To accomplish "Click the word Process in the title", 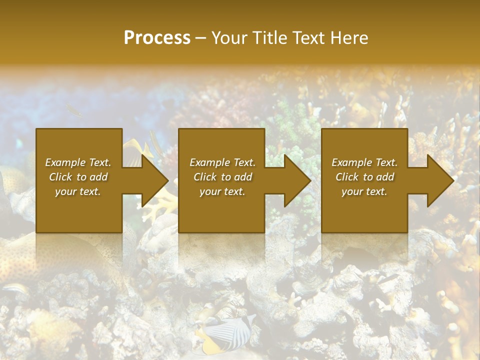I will click(x=157, y=38).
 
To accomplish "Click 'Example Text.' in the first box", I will click(x=78, y=162).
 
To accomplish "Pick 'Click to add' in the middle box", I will click(x=222, y=177).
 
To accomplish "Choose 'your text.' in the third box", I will click(x=364, y=191).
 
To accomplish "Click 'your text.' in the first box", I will click(x=78, y=191).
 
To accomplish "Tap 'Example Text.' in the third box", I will click(x=364, y=162).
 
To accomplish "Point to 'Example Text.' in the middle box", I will click(x=222, y=162).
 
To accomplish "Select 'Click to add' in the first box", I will click(x=78, y=177).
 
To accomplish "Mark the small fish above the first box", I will click(x=74, y=111).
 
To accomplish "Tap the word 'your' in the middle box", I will click(x=210, y=191).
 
